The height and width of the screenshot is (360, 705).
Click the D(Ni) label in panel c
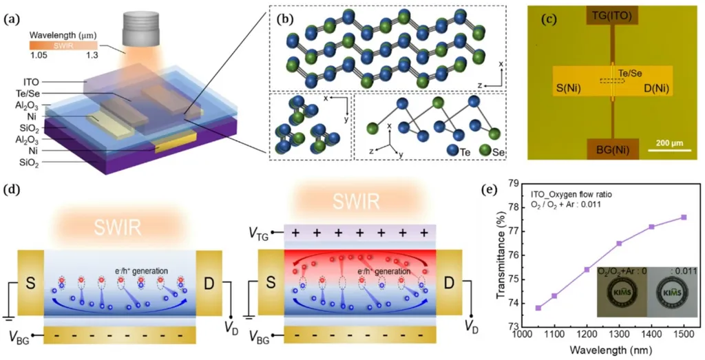[655, 88]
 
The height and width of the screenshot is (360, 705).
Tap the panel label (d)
[11, 188]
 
